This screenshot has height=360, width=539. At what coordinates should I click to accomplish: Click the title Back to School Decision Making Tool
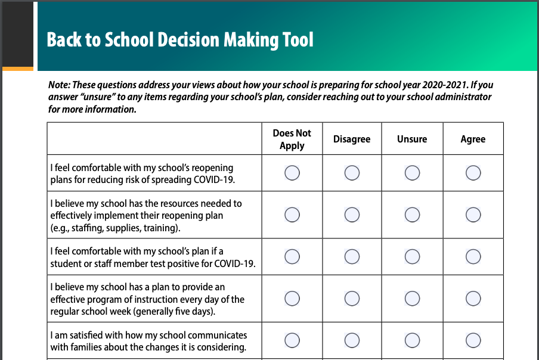pyautogui.click(x=180, y=40)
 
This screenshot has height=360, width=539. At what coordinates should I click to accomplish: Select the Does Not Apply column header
pyautogui.click(x=292, y=139)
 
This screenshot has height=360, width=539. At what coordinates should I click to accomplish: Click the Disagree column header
pyautogui.click(x=352, y=139)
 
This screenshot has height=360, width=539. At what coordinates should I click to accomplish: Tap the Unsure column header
pyautogui.click(x=412, y=139)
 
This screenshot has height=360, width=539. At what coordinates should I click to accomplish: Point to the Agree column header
pyautogui.click(x=473, y=139)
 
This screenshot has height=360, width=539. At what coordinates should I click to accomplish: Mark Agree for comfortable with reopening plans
pyautogui.click(x=473, y=173)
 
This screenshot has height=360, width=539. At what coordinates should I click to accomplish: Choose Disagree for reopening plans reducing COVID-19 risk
pyautogui.click(x=352, y=173)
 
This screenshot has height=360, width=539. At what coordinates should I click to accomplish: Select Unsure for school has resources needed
pyautogui.click(x=412, y=215)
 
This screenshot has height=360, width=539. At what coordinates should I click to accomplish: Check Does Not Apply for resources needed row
pyautogui.click(x=292, y=215)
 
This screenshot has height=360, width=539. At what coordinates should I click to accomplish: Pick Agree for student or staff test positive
pyautogui.click(x=473, y=256)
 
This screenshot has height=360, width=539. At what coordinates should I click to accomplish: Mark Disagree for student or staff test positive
pyautogui.click(x=352, y=256)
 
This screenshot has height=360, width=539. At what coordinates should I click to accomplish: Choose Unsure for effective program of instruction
pyautogui.click(x=412, y=298)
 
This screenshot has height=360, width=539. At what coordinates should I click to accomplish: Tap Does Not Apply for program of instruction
pyautogui.click(x=292, y=298)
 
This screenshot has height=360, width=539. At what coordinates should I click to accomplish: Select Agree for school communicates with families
pyautogui.click(x=473, y=340)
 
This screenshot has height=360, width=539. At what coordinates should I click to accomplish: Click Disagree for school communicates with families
pyautogui.click(x=352, y=340)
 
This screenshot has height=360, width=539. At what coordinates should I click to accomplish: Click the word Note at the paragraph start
pyautogui.click(x=58, y=85)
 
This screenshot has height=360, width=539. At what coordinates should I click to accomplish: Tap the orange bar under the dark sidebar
pyautogui.click(x=18, y=69)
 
